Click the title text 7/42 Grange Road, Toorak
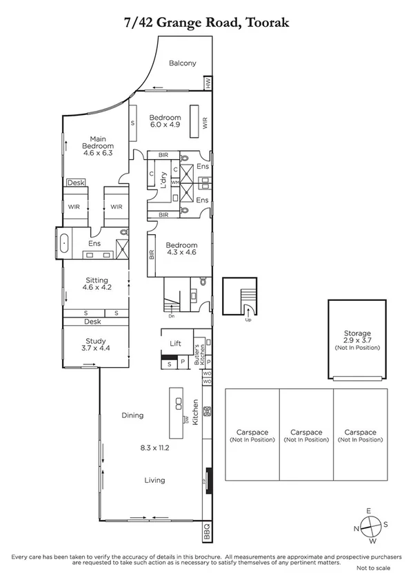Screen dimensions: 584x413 point(206,23)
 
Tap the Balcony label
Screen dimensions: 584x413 point(182,63)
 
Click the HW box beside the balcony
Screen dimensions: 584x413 point(207,83)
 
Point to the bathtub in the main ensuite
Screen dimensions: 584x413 point(64,243)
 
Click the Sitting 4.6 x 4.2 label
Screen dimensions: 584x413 point(97,284)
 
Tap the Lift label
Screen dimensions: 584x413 point(175,342)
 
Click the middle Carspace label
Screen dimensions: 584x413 point(305,435)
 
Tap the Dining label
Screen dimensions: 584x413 point(132,415)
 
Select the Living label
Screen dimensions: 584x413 point(154,480)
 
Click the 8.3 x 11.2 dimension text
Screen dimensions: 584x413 point(154,447)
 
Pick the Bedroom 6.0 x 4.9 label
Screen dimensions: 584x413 point(165,121)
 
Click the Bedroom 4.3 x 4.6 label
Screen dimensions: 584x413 point(182,249)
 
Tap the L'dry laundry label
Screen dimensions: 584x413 point(163,181)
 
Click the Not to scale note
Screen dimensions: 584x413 point(372,567)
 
